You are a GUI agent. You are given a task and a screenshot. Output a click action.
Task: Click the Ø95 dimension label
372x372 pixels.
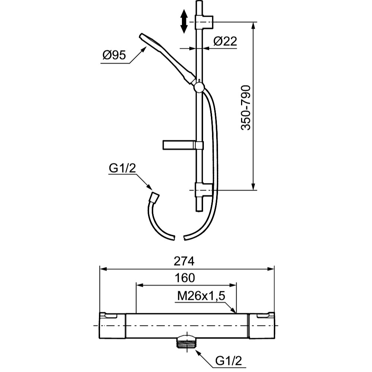[114, 55]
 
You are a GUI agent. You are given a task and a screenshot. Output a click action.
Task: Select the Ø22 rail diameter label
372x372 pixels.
[225, 41]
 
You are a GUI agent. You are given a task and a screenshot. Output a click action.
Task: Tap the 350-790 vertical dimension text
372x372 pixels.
[246, 108]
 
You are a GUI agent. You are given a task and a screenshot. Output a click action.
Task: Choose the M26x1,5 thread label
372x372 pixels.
[201, 296]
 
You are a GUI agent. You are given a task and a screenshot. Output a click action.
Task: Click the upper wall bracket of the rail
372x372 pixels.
[204, 22]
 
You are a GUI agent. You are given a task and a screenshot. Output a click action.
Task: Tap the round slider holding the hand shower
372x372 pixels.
[199, 88]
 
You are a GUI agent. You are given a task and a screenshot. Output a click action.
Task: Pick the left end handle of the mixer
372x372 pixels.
[112, 325]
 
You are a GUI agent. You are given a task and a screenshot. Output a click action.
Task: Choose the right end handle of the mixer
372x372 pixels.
[261, 325]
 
